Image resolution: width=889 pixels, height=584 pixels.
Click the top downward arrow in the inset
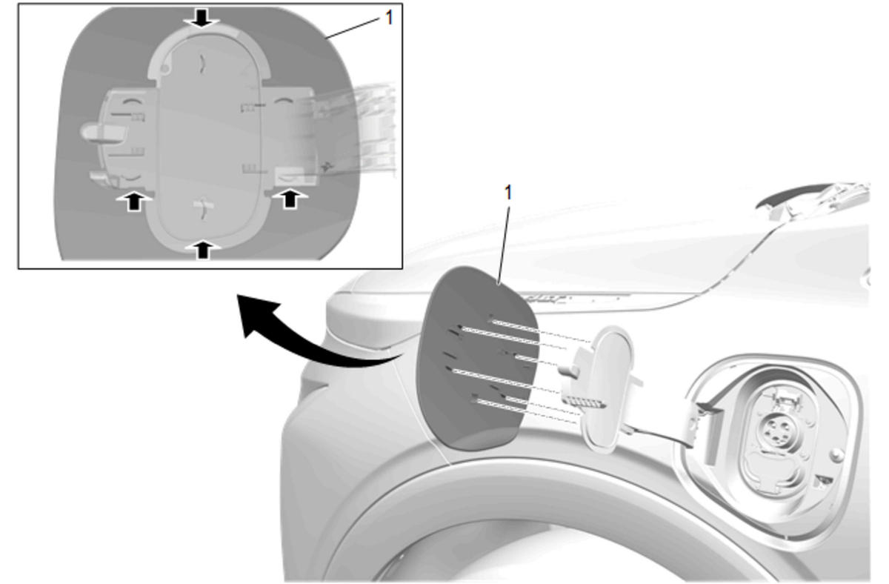click(x=202, y=18)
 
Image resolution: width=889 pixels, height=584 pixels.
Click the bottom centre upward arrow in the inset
click(x=203, y=250)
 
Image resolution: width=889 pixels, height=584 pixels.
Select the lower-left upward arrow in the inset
click(x=135, y=201)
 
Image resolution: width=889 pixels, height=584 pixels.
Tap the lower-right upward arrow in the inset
click(x=290, y=198)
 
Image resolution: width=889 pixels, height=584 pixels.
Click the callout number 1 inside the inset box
click(x=389, y=18)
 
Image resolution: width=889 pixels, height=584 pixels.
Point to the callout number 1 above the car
click(x=507, y=193)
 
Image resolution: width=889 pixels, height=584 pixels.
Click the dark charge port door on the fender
click(x=476, y=359)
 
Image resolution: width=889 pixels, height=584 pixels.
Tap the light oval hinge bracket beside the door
click(x=607, y=389)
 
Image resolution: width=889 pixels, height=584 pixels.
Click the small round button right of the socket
click(x=836, y=454)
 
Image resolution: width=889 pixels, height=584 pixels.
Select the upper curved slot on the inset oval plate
click(x=202, y=63)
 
